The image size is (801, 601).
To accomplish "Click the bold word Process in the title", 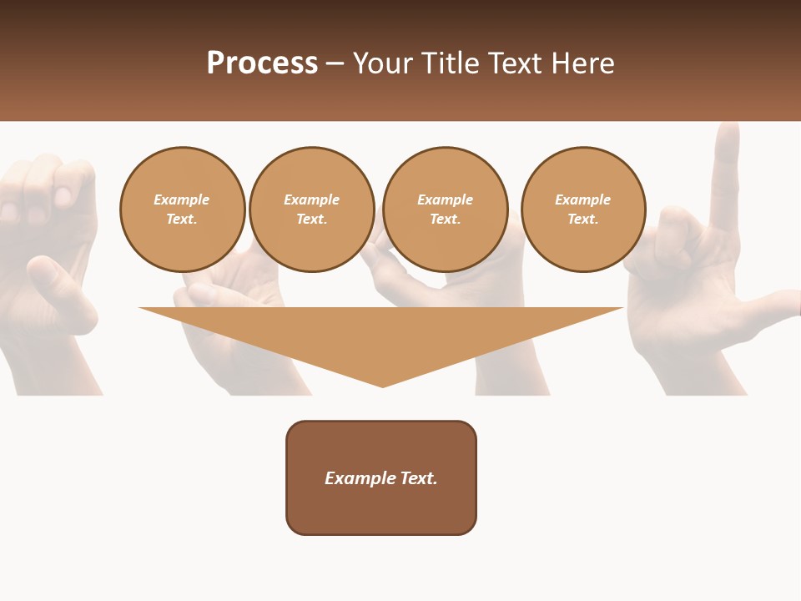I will (x=262, y=63).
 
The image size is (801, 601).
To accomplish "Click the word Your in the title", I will (x=385, y=63).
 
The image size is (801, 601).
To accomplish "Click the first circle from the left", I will (x=182, y=210).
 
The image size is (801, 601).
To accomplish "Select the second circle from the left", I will (x=311, y=210).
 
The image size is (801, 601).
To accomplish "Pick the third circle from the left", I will (x=445, y=210).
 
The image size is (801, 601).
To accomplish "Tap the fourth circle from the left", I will (x=583, y=210).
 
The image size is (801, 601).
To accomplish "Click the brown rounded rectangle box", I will (x=381, y=509).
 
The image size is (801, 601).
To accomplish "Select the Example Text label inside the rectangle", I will (x=381, y=478).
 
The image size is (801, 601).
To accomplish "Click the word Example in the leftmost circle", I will (x=182, y=199).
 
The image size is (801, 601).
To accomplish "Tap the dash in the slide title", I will (x=335, y=63).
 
